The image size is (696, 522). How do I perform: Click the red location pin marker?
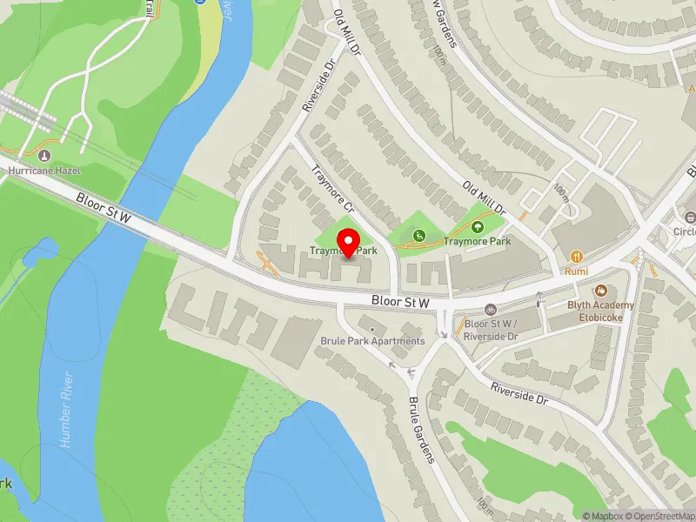(350, 243)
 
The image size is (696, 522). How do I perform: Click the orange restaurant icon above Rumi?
(576, 256)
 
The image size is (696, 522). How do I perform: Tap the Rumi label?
(576, 271)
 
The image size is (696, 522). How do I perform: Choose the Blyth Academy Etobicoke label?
(601, 311)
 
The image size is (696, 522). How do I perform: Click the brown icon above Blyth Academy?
(600, 291)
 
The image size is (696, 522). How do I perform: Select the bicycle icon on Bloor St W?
(491, 310)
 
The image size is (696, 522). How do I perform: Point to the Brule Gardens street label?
(421, 431)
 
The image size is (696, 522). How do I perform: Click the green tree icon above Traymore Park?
(476, 227)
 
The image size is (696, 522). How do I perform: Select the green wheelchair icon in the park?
(419, 235)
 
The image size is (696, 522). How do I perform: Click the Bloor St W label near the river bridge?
(104, 209)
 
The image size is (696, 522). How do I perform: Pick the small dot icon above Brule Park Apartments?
(372, 329)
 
